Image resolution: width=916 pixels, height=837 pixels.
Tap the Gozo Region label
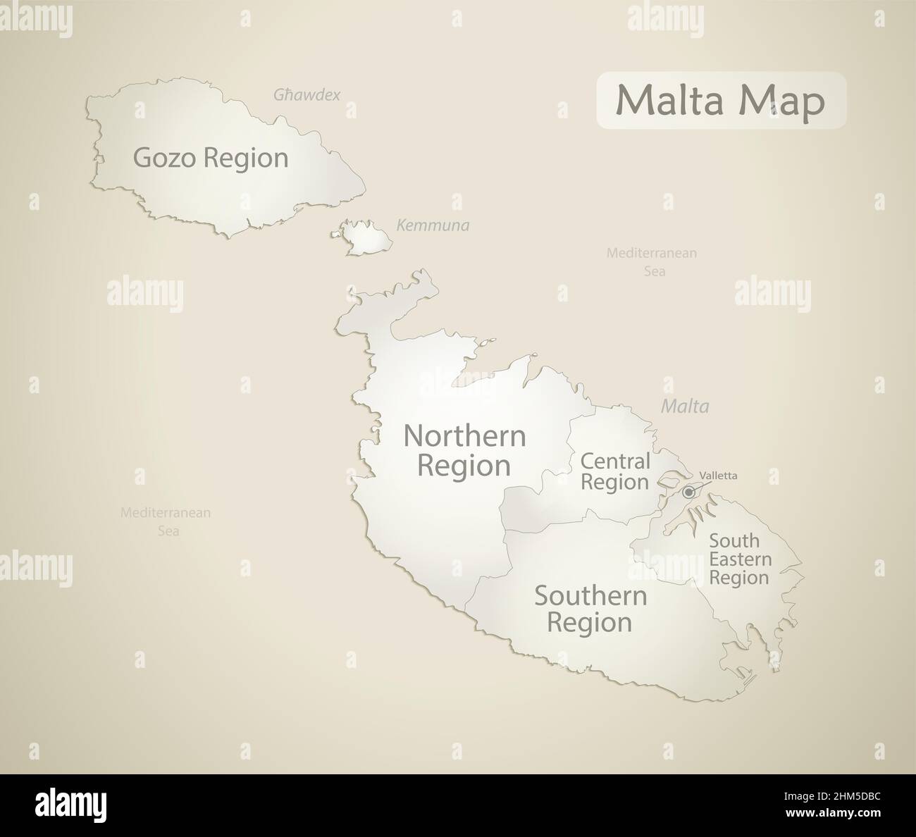click(x=211, y=158)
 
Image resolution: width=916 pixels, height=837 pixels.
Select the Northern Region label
click(x=464, y=451)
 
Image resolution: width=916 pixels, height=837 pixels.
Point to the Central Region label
click(x=614, y=472)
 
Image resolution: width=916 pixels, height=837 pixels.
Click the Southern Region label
click(x=590, y=609)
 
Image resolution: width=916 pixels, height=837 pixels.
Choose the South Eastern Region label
click(x=740, y=559)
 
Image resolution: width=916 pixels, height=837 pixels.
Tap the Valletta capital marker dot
click(x=688, y=492)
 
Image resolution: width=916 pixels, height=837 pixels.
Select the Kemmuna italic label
click(x=433, y=226)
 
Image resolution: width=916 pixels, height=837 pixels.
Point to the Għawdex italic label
click(x=307, y=94)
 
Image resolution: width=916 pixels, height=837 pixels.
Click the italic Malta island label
click(x=685, y=407)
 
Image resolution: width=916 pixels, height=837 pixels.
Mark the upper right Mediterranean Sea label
click(x=652, y=261)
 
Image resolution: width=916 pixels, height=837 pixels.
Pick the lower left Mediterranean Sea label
click(x=166, y=522)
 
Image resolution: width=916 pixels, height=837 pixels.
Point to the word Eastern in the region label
click(x=740, y=559)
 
